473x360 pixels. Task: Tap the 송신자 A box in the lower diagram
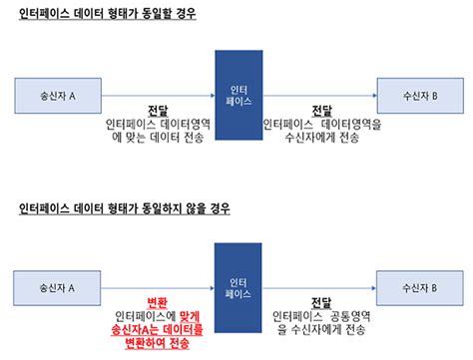pos(63,288)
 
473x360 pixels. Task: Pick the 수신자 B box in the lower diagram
pos(416,288)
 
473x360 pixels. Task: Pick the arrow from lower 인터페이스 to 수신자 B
pos(319,288)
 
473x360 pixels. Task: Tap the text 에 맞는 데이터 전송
pos(158,139)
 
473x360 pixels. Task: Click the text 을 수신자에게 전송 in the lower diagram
pos(321,328)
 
